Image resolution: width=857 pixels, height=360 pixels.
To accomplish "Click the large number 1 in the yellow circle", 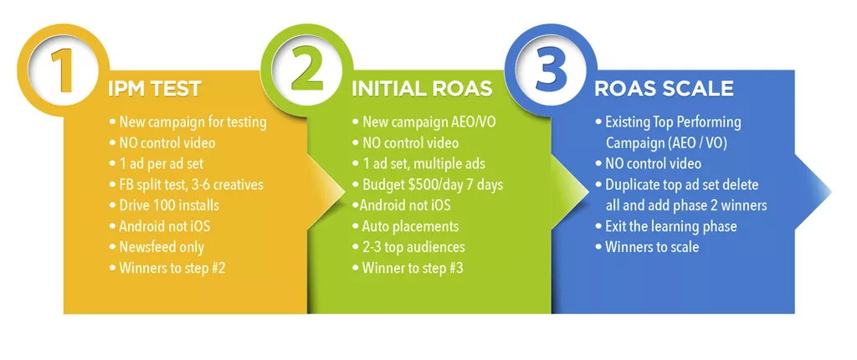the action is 64,71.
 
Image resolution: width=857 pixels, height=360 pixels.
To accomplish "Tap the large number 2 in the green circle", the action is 307,70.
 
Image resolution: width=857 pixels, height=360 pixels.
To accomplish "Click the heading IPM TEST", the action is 155,90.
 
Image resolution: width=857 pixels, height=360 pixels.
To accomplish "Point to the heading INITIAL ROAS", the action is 422,90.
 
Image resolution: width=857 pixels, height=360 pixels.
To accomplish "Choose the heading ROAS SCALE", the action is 664,89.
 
